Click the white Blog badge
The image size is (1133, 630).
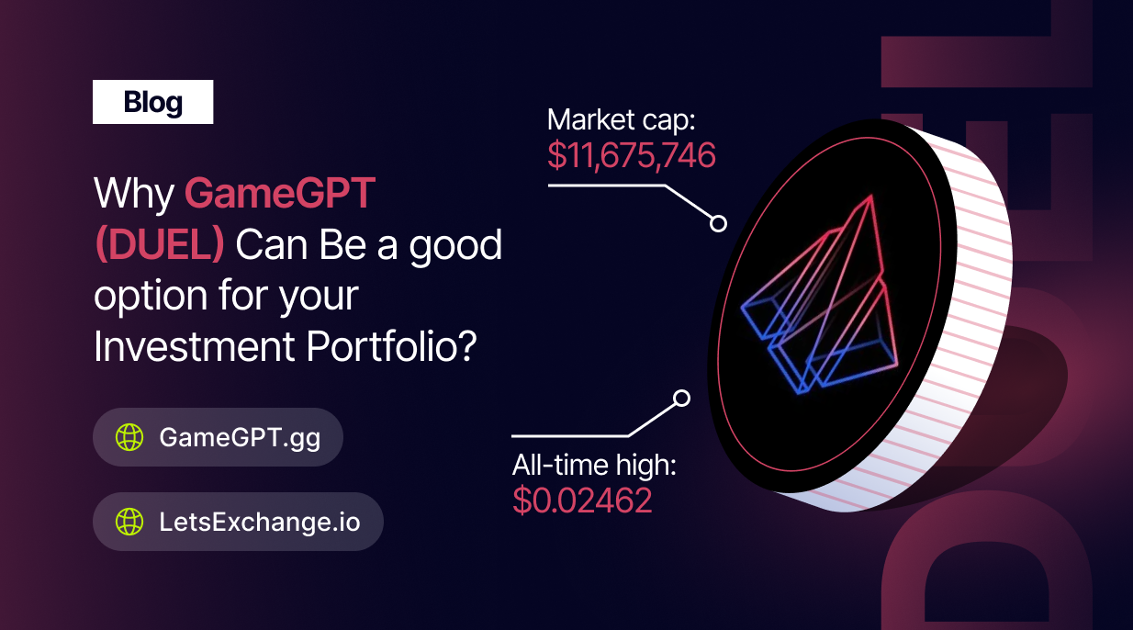pos(152,102)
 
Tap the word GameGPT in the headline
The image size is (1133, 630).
pos(280,193)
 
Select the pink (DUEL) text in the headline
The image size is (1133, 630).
pos(160,245)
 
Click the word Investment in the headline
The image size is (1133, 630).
pos(194,346)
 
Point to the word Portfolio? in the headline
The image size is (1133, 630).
pos(391,346)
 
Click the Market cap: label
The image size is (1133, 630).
pos(621,120)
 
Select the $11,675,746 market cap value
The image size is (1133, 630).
pos(632,155)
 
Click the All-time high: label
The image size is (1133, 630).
pos(594,465)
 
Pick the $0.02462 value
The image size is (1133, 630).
pos(582,501)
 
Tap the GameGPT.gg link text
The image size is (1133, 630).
pos(240,438)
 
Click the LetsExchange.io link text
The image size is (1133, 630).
pos(260,522)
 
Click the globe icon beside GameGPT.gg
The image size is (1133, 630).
pos(129,437)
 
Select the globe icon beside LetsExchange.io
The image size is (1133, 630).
pos(129,522)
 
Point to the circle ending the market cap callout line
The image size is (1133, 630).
pos(718,224)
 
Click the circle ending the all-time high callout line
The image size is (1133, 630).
pos(682,399)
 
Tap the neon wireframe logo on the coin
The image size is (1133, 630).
pos(819,296)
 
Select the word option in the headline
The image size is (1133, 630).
pos(151,297)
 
